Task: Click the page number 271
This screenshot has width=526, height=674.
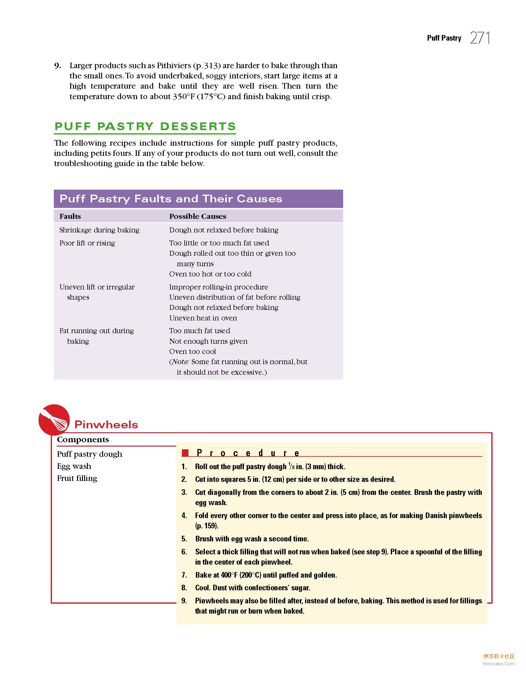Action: point(480,38)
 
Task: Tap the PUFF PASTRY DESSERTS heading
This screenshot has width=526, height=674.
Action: point(145,126)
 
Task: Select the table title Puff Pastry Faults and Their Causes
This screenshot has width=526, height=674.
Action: point(170,199)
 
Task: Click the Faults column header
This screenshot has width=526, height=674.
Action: point(70,216)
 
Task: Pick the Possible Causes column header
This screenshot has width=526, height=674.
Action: point(197,216)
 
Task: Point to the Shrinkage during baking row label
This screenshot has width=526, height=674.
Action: point(99,230)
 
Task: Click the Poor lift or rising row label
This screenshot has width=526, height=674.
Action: point(87,243)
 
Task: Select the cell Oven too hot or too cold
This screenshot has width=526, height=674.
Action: point(210,274)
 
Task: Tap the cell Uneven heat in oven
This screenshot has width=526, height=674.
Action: point(203,318)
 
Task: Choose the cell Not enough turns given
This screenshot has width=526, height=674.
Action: point(208,341)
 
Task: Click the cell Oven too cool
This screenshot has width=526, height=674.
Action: point(192,351)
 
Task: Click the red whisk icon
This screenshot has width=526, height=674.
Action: point(54,420)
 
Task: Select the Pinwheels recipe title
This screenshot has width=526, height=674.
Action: point(106,425)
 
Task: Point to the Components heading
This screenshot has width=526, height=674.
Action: point(83,439)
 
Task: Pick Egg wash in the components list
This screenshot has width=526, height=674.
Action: point(74,466)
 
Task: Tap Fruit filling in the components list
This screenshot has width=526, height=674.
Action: point(77,478)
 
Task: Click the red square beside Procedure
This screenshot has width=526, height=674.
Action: point(185,453)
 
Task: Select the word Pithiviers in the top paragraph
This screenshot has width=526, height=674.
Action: point(174,66)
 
